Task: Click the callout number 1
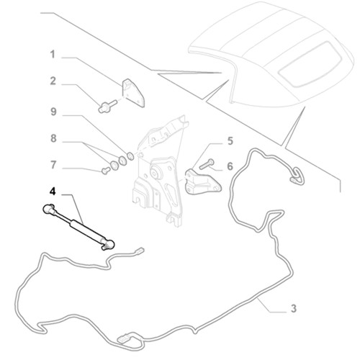(x=53, y=55)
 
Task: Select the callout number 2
(x=53, y=81)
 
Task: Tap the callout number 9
(x=53, y=112)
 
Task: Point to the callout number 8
(x=53, y=138)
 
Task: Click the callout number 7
(x=53, y=165)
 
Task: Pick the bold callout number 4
(x=53, y=192)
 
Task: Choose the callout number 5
(x=230, y=141)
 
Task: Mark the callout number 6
(x=230, y=166)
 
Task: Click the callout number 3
(x=294, y=308)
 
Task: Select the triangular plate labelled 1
(x=133, y=93)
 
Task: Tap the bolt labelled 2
(x=107, y=107)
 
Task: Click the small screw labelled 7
(x=106, y=171)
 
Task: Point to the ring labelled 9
(x=130, y=156)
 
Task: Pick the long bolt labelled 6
(x=206, y=164)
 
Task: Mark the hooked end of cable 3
(x=297, y=176)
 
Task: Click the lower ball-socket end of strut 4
(x=108, y=244)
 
